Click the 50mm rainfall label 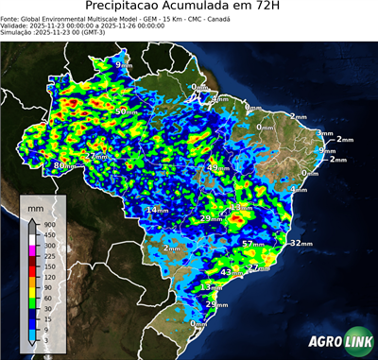(123, 111)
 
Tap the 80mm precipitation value (62, 165)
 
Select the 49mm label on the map (215, 168)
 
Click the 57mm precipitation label (252, 244)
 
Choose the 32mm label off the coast (300, 243)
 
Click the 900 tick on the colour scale (50, 224)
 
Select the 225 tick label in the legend (50, 255)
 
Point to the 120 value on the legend (50, 276)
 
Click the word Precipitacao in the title (139, 7)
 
